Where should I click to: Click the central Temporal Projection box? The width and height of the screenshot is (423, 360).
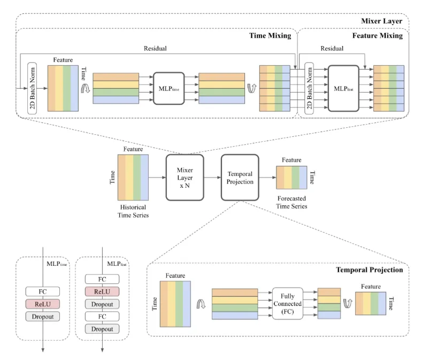(x=240, y=178)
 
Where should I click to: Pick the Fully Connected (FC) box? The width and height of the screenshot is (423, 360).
(x=287, y=304)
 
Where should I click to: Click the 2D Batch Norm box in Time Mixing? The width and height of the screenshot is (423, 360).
(x=35, y=88)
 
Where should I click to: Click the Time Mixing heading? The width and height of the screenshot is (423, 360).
(x=270, y=36)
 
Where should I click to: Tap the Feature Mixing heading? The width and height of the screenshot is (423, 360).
(x=377, y=36)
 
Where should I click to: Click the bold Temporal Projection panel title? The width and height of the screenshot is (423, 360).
(x=369, y=270)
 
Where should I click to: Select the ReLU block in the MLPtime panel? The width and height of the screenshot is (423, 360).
(x=42, y=304)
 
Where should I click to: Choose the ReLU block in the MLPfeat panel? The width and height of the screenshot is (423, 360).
(x=102, y=292)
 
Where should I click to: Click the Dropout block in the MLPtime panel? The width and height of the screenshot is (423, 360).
(x=42, y=316)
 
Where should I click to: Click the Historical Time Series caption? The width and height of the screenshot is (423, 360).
(x=132, y=211)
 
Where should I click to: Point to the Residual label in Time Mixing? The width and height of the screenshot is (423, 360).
(x=155, y=48)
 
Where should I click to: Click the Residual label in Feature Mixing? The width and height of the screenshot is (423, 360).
(x=332, y=48)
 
